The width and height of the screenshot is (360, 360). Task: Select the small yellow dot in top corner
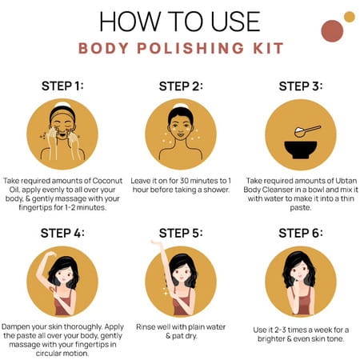coord(349,17)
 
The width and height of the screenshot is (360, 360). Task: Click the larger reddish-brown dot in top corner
coord(331,30)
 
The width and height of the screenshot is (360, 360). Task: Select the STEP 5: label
coord(180,233)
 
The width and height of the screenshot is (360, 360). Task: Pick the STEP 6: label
coord(299,233)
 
